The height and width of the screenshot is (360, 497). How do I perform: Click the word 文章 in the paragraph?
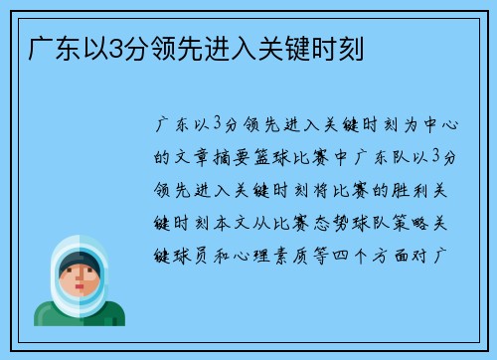pos(194,157)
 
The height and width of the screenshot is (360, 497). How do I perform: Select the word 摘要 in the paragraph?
pos(236,157)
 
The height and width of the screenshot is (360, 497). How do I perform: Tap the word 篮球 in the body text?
pos(277,157)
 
